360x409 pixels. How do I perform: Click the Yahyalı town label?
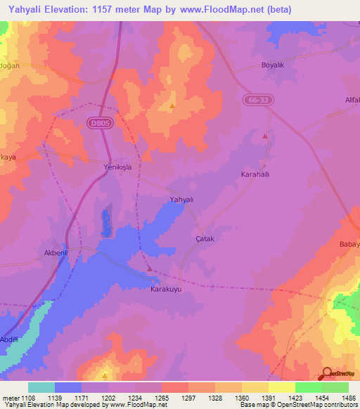181,200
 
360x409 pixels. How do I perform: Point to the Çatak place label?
204,239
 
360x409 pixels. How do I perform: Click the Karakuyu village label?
167,288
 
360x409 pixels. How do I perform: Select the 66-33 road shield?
259,100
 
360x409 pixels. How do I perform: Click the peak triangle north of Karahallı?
265,136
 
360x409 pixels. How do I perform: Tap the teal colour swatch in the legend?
41,387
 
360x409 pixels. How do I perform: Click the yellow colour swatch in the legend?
281,387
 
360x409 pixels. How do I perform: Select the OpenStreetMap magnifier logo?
326,374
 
